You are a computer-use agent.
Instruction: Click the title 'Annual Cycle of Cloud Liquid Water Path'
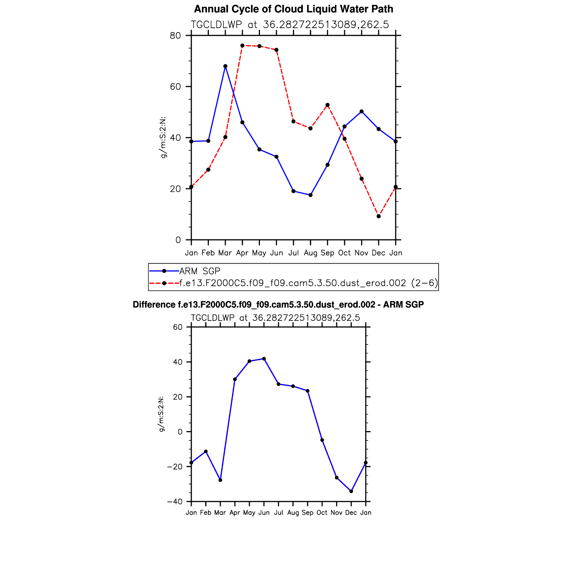click(293, 9)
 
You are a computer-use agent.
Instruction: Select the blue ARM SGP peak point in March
click(225, 66)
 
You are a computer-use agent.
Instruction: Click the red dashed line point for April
click(242, 45)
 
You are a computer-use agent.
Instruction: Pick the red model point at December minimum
click(379, 216)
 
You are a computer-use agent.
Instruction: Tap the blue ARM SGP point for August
click(310, 195)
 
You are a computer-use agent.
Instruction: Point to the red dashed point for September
click(327, 105)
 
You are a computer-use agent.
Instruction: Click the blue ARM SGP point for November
click(362, 112)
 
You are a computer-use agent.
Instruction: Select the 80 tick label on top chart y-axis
click(175, 36)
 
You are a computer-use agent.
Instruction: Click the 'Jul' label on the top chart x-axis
click(293, 253)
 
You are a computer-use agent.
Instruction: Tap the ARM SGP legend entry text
click(200, 271)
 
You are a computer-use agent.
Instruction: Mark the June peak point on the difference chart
click(264, 359)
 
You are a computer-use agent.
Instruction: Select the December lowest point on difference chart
click(351, 491)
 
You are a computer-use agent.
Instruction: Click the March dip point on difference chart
click(220, 480)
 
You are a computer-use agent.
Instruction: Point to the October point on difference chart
click(322, 440)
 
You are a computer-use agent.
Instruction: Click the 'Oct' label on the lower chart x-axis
click(322, 513)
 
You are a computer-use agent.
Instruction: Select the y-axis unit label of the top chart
click(163, 138)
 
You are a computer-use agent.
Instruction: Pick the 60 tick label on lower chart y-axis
click(178, 327)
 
